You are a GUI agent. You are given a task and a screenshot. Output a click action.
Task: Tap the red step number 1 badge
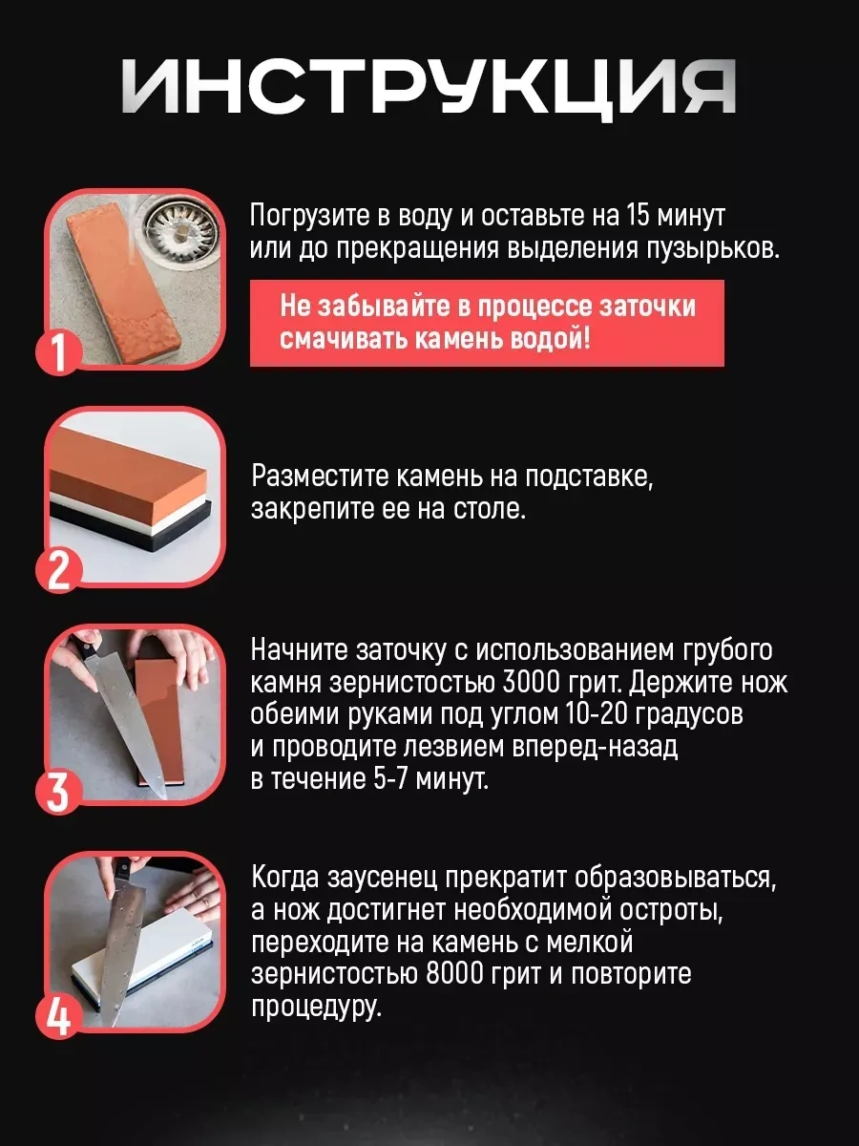59,353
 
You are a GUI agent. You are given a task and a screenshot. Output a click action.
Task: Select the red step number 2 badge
59,571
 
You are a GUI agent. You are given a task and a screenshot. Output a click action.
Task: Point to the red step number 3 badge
59,791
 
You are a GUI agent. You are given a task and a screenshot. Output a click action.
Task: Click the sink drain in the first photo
180,231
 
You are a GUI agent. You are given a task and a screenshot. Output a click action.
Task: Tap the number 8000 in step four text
454,975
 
